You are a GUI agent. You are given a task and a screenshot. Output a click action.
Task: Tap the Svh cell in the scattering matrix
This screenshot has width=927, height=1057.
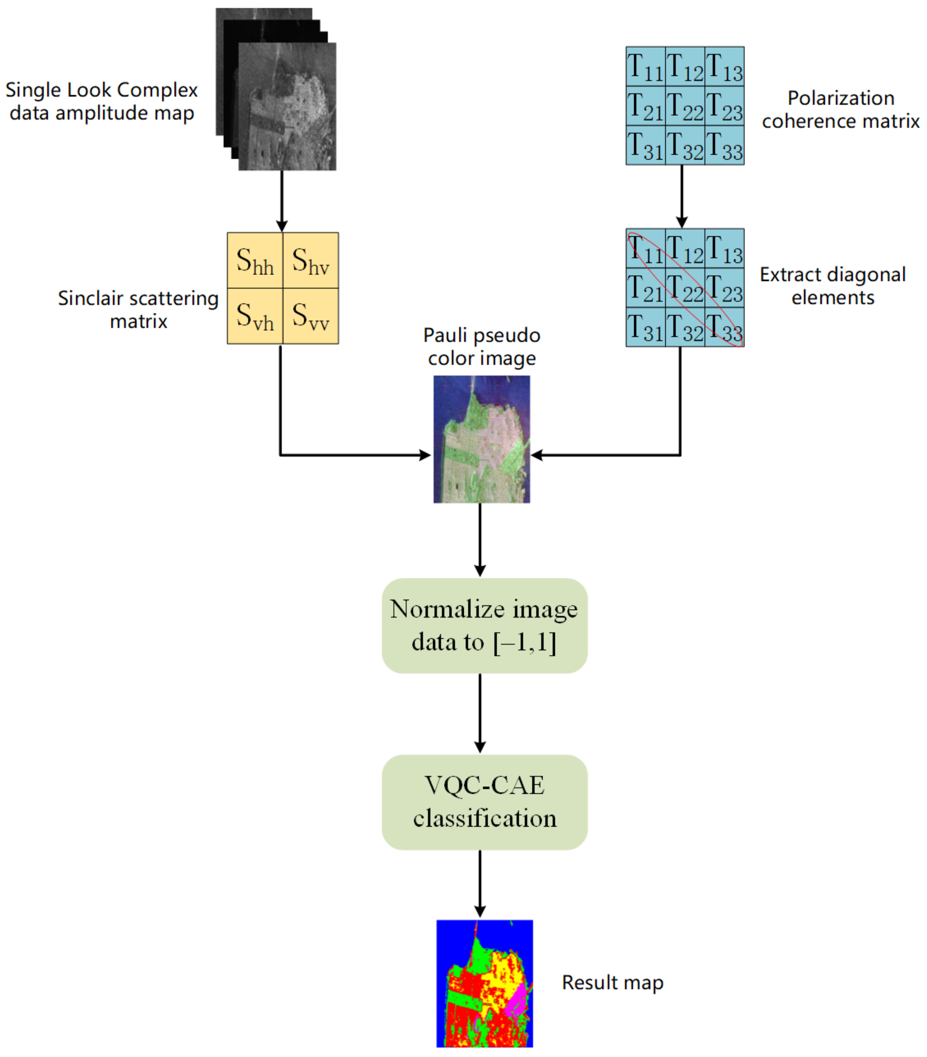point(255,316)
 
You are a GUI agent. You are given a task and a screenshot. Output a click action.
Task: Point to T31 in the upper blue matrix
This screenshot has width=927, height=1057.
point(645,145)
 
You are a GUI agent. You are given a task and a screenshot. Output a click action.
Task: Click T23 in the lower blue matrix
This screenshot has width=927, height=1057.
point(724,287)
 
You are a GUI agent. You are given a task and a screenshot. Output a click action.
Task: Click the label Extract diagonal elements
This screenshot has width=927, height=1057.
point(832,286)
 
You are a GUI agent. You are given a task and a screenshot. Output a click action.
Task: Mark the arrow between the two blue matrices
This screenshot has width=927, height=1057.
point(682,197)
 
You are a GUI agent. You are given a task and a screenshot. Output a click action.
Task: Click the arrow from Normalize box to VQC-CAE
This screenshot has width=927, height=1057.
point(480,713)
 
